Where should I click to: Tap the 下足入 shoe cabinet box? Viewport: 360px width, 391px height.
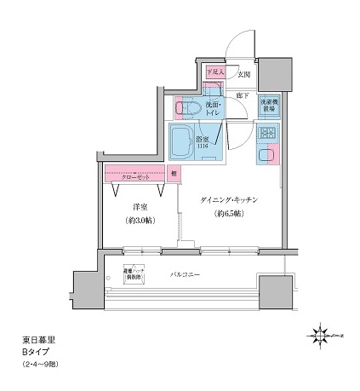click(x=215, y=73)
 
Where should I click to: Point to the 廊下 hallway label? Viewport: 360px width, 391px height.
click(x=243, y=95)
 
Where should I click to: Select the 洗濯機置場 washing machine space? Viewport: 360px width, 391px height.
click(x=270, y=106)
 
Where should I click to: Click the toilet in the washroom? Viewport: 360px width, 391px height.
click(x=187, y=107)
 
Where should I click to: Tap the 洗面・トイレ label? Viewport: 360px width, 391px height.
click(x=213, y=109)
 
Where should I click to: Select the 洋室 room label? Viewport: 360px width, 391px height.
click(x=140, y=206)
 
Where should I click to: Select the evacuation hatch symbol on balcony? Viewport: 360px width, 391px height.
click(x=136, y=276)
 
